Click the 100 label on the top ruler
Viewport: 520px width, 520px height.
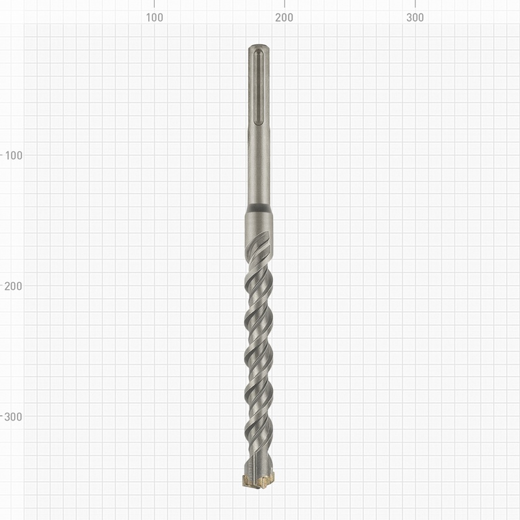coord(154,18)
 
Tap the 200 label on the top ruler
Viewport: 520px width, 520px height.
coord(284,18)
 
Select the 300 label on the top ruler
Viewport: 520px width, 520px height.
coord(415,18)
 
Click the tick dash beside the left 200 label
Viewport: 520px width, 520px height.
coord(3,286)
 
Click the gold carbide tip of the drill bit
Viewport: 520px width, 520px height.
coord(259,482)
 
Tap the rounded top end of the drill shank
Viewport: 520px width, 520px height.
coord(259,47)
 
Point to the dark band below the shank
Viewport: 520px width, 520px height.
coord(259,208)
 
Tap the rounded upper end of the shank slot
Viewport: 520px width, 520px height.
coord(259,52)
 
